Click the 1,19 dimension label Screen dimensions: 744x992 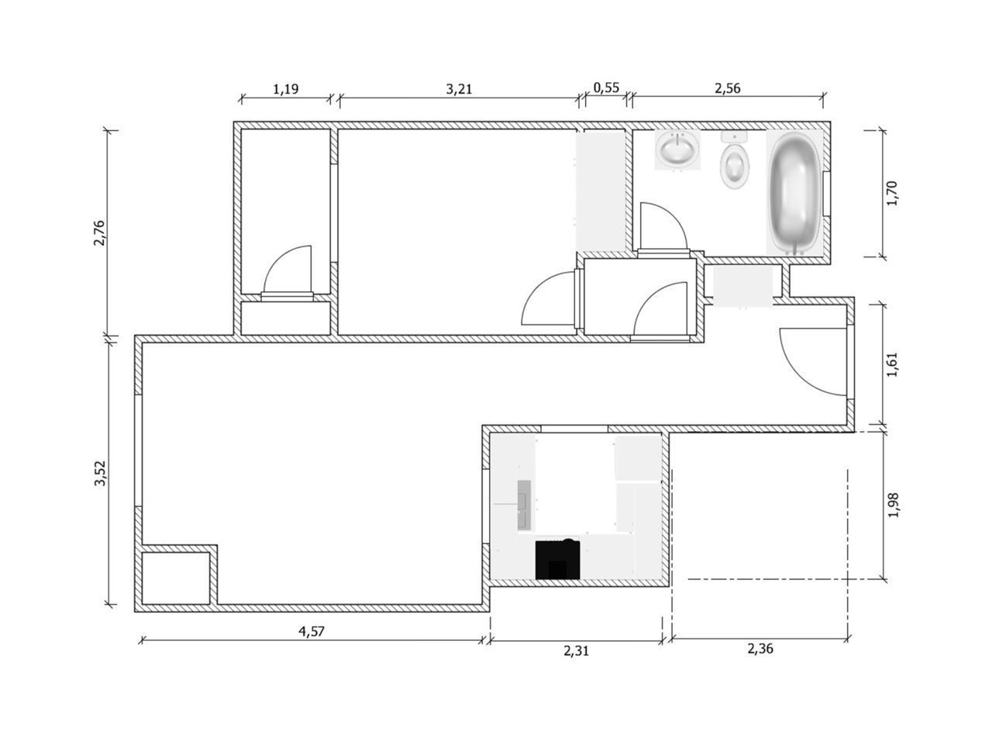click(285, 88)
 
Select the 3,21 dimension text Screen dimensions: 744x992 click(459, 88)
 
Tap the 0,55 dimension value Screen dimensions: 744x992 click(606, 88)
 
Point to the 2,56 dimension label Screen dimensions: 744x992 click(727, 88)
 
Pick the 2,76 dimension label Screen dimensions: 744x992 click(98, 233)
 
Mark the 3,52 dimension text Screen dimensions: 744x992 click(98, 474)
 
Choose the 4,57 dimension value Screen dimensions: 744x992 click(312, 631)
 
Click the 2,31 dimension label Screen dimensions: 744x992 click(576, 651)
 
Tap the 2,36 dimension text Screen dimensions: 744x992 click(760, 649)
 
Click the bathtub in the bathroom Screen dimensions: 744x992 click(793, 192)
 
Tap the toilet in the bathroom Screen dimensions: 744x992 click(735, 160)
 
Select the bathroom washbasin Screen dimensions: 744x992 click(677, 150)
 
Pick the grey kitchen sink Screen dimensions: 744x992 click(525, 505)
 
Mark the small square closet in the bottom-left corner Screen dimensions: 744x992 click(177, 576)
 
